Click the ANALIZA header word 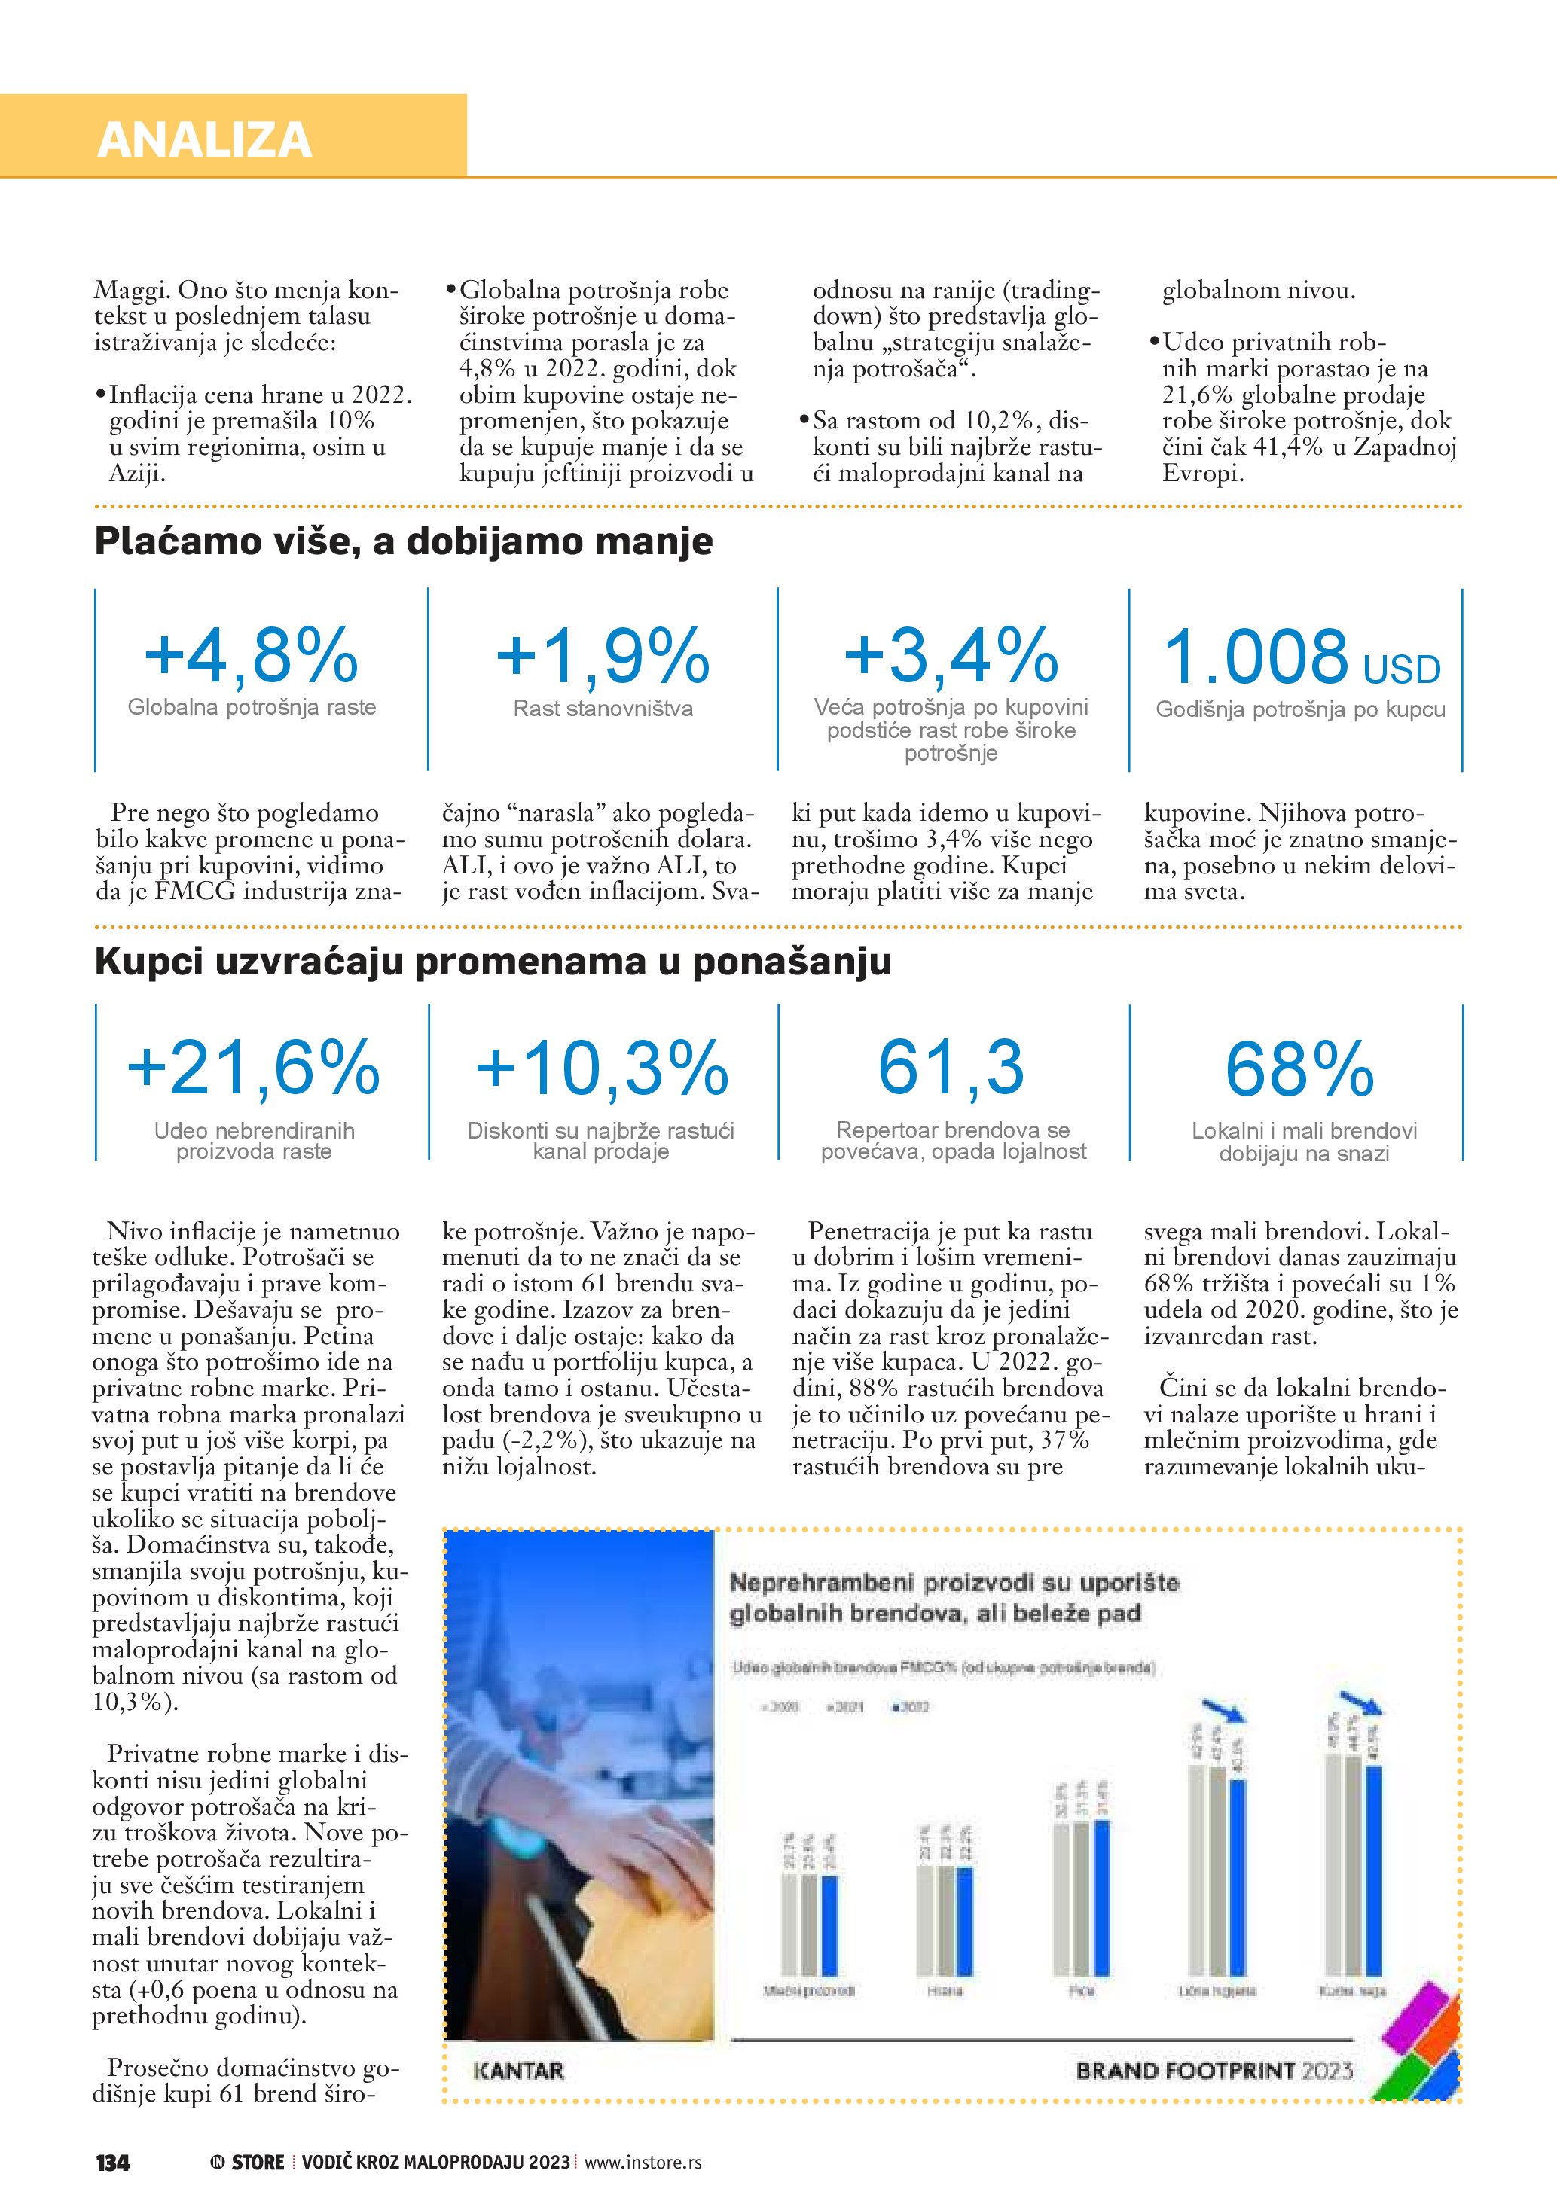click(204, 140)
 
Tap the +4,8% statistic click(251, 656)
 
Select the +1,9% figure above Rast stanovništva click(603, 656)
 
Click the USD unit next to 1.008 click(1401, 669)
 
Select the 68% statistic click(1300, 1068)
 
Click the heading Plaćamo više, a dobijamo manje click(404, 541)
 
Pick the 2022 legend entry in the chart click(911, 1706)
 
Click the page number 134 click(113, 2163)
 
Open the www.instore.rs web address click(643, 2163)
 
